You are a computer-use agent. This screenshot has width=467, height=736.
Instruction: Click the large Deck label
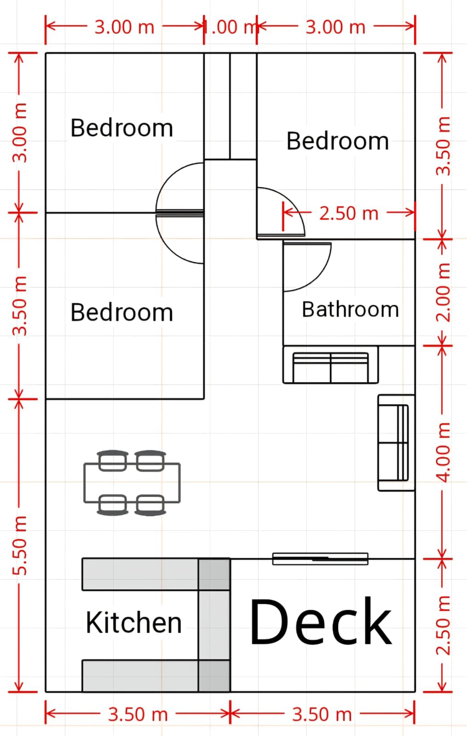coord(321,621)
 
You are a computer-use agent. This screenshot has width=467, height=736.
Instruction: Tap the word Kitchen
coord(134,622)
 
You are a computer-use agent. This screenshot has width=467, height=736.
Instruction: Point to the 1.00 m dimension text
coord(230,27)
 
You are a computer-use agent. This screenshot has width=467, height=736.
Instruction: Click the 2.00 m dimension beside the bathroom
coord(443,292)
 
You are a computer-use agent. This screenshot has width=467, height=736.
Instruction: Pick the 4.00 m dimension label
coord(443,453)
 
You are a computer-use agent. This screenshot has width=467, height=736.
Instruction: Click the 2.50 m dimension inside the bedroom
coord(349,213)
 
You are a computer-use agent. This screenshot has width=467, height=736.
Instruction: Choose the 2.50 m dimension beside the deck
coord(443,625)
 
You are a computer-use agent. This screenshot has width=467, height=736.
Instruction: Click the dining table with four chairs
coord(132,483)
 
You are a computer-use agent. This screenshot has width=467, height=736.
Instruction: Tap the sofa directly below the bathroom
coord(331,364)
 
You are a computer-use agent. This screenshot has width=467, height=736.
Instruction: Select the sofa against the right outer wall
coord(396,443)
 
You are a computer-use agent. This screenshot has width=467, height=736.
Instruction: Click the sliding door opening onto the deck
coord(320,558)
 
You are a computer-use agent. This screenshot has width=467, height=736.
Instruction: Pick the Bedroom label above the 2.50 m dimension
coord(338,141)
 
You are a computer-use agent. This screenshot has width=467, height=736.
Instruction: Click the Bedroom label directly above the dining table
coord(121,312)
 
